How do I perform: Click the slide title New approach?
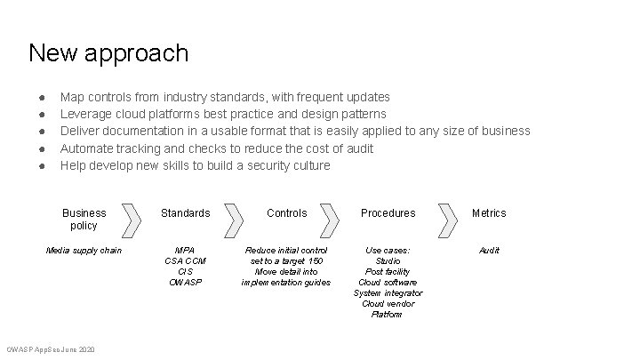coord(108,53)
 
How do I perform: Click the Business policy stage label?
coord(84,219)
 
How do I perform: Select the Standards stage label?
coord(185,213)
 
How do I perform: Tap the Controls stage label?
coord(286,213)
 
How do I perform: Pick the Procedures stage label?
coord(388,213)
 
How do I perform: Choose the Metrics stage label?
coord(489,213)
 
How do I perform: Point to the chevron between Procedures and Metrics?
coord(444,219)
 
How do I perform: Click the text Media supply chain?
coord(84,251)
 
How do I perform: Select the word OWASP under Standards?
coord(185,283)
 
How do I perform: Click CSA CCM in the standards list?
coord(185,261)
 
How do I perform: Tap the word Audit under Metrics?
coord(489,251)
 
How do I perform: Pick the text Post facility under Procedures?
coord(388,272)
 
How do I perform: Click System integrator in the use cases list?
coord(388,293)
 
